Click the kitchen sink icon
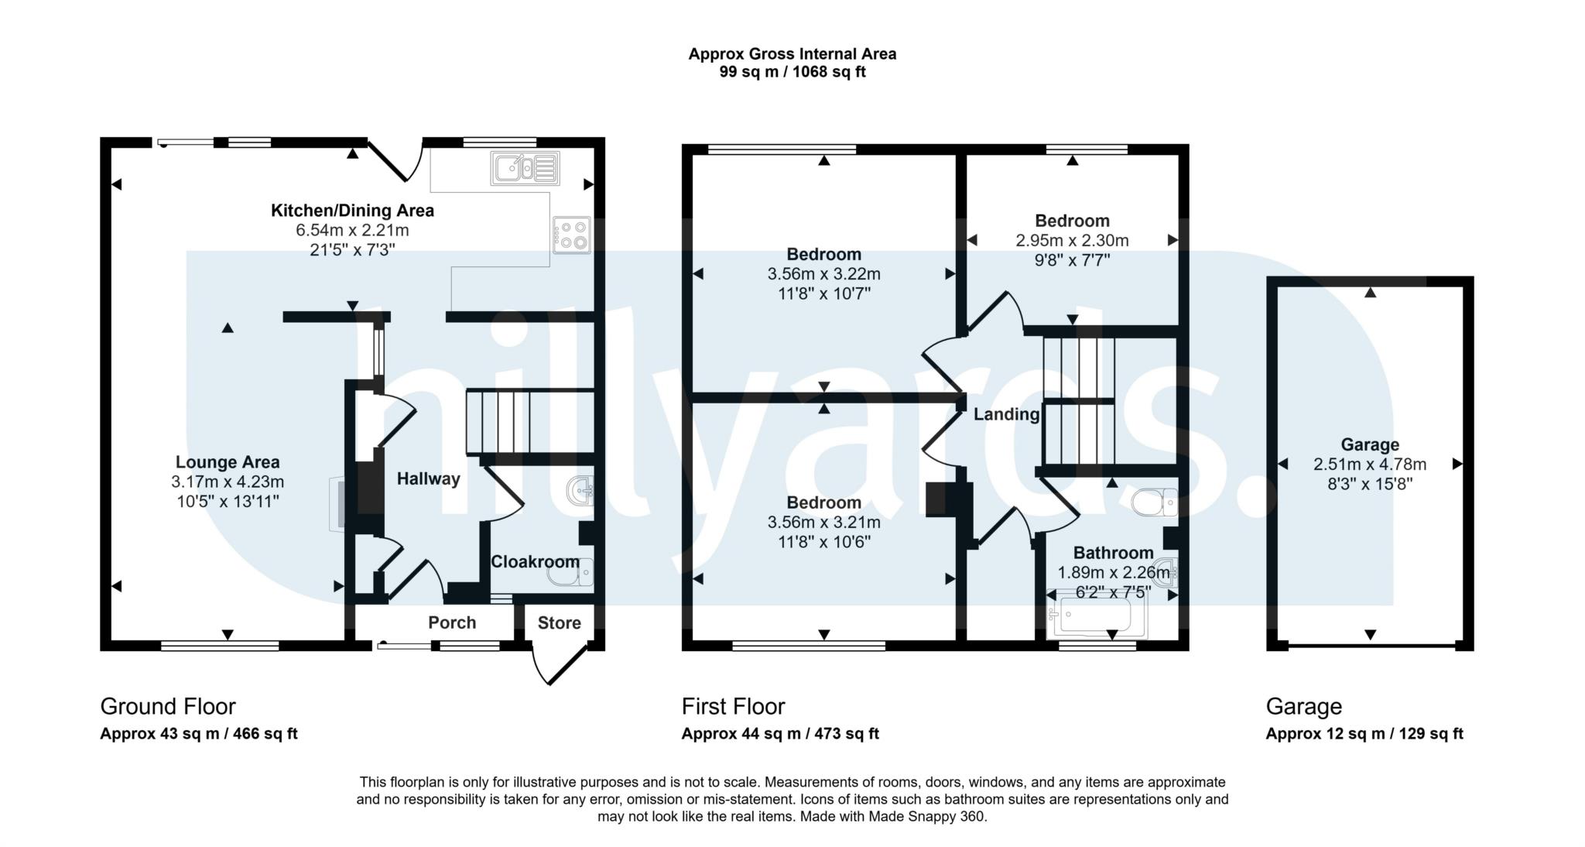525,168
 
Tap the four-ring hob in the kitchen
572,235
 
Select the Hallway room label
428,479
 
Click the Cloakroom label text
535,562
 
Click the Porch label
452,623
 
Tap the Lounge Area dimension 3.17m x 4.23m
228,482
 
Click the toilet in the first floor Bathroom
1154,503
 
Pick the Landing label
1006,414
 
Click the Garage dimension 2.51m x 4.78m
1369,465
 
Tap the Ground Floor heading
168,707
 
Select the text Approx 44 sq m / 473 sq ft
779,734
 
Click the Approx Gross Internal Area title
792,54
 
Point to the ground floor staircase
499,422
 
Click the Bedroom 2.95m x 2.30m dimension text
1072,241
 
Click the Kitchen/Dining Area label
352,211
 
